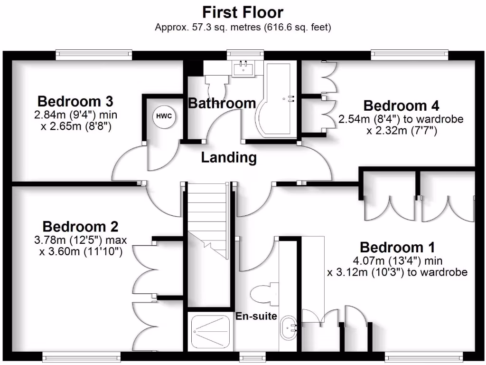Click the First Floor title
tap(243, 12)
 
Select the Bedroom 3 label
tap(75, 101)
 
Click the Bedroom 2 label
tap(80, 227)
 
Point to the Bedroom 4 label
tap(401, 105)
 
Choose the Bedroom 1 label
tap(397, 247)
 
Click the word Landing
tap(229, 157)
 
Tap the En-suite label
tap(256, 316)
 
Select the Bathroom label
tap(222, 103)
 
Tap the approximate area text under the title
tap(243, 27)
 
